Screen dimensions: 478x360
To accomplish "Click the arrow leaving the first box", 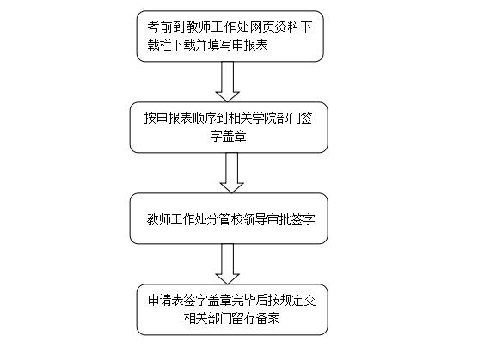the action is (228, 82).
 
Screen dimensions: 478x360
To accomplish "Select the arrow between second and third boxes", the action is (231, 173).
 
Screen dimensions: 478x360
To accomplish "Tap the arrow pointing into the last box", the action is (228, 264).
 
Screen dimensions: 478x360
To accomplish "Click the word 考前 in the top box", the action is (160, 27).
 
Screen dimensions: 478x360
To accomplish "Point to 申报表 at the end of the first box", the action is (250, 45).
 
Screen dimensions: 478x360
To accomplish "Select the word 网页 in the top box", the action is (262, 27).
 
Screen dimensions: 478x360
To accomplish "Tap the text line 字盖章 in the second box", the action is (229, 136).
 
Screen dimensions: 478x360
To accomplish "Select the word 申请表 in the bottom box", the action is (166, 301).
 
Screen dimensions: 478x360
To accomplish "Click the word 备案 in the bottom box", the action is (267, 318).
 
